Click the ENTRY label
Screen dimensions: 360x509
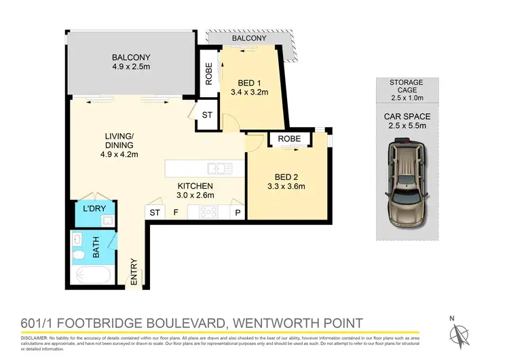134,270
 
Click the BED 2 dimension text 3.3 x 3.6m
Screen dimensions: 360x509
279,186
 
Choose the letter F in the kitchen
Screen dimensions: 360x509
176,213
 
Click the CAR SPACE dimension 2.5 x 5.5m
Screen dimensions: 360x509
406,126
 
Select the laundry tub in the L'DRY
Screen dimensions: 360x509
106,221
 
